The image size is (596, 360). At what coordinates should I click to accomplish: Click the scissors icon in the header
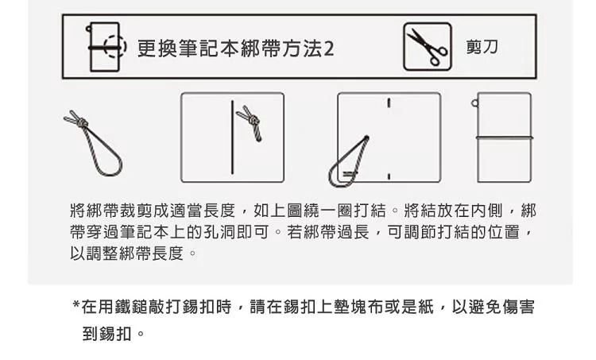(428, 46)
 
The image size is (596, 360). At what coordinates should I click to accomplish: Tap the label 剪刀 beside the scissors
(482, 47)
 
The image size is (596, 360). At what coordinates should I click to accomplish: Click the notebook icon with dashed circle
(106, 47)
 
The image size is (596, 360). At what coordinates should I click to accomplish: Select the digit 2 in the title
(329, 49)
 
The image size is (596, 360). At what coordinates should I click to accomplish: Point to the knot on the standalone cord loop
(81, 123)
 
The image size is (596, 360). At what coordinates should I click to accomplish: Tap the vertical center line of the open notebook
(232, 137)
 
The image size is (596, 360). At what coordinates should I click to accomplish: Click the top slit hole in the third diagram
(389, 103)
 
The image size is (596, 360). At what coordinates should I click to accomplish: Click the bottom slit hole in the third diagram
(389, 176)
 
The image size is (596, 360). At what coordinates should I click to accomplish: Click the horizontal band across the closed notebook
(505, 137)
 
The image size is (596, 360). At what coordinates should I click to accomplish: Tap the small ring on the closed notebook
(474, 103)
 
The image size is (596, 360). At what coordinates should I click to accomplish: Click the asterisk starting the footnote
(75, 304)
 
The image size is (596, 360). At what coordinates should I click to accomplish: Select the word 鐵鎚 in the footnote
(131, 307)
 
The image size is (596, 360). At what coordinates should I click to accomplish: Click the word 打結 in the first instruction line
(370, 211)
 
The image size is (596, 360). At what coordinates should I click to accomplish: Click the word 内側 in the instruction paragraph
(486, 211)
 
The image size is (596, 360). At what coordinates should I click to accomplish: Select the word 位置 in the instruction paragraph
(503, 232)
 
